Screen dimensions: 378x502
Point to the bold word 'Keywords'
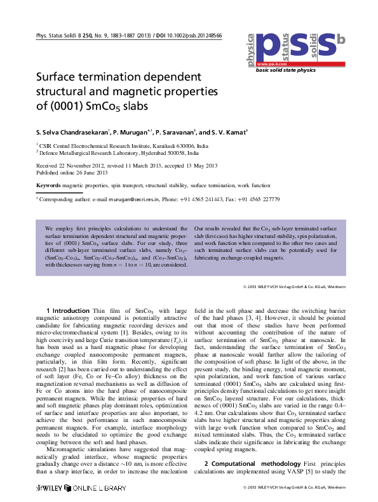pyautogui.click(x=48, y=185)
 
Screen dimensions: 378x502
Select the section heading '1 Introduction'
pyautogui.click(x=67, y=310)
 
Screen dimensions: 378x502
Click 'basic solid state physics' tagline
pyautogui.click(x=285, y=70)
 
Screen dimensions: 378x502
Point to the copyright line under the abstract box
pyautogui.click(x=294, y=286)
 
